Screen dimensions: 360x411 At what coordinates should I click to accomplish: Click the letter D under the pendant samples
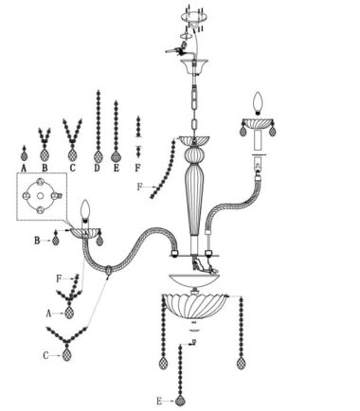coord(97,168)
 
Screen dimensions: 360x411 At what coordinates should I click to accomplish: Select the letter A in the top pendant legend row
coord(24,169)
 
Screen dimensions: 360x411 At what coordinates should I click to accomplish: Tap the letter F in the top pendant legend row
coord(137,168)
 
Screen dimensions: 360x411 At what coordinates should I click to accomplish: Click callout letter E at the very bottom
coord(159,402)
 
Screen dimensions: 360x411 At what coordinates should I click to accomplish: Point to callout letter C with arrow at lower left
coord(46,356)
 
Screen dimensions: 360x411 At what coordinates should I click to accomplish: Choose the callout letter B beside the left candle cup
coord(37,241)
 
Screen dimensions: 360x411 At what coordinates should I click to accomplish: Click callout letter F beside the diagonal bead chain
coord(139,187)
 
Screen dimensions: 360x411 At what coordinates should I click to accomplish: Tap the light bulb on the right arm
coord(259,103)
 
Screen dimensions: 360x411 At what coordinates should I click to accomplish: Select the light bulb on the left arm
coord(85,209)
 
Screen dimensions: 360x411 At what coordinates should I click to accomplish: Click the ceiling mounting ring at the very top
coord(193,16)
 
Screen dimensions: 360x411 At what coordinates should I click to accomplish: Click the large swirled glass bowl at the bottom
coord(194,306)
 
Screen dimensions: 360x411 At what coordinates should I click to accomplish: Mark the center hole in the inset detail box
coord(40,196)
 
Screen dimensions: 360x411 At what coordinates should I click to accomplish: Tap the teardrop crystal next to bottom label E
coord(180,401)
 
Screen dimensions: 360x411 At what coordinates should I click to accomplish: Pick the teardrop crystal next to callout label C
coord(66,355)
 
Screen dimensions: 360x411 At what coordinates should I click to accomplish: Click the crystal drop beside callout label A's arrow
coord(69,313)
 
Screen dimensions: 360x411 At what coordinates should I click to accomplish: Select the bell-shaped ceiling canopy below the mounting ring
coord(193,65)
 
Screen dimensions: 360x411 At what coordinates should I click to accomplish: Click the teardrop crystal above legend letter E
coord(117,157)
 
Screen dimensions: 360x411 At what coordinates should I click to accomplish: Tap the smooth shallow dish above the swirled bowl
coord(194,280)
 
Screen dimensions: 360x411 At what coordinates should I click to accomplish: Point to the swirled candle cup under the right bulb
coord(258,123)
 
